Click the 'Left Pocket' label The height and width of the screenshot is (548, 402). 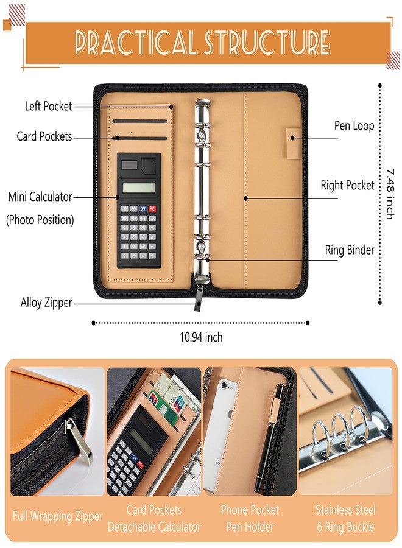(48, 106)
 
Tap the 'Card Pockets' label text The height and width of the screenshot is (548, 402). (44, 136)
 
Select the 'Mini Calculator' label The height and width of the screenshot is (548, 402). (40, 197)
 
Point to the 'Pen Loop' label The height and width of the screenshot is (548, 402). (354, 126)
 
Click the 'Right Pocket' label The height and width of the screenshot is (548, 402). (347, 185)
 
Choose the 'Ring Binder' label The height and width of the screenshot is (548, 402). (350, 250)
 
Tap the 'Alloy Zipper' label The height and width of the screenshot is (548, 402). (46, 303)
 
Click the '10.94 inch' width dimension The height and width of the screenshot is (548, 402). (201, 337)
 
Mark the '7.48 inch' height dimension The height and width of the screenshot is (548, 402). (390, 194)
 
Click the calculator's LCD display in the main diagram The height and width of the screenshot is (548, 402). (139, 188)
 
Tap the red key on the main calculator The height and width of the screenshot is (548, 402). (152, 209)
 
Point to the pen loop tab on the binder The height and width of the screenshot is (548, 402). (294, 143)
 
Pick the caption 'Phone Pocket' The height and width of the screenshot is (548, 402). (250, 510)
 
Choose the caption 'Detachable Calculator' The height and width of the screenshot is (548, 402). (154, 527)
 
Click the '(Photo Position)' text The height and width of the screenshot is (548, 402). (40, 220)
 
